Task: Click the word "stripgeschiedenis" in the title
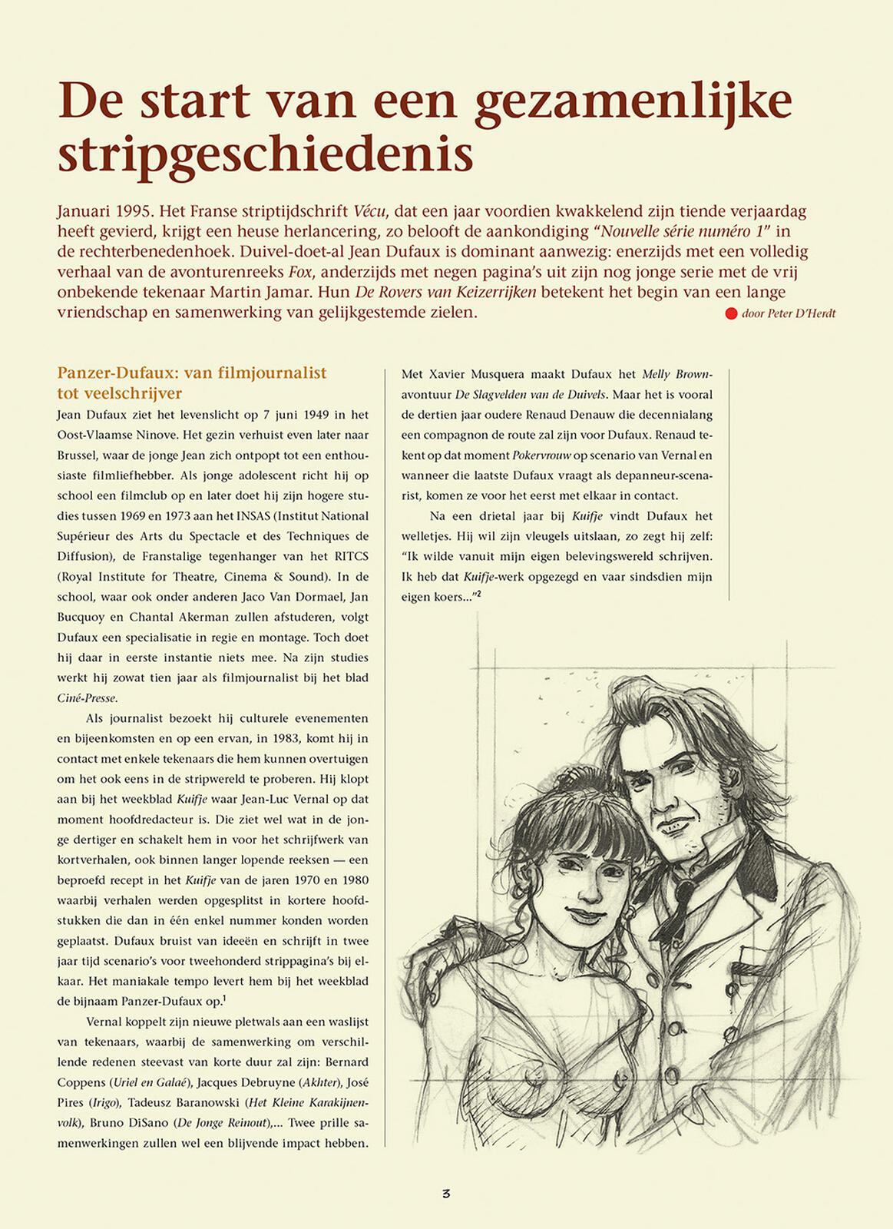(265, 154)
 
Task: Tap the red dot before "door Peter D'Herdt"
(731, 313)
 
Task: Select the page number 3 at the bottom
(446, 1193)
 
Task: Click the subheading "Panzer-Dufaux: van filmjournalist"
(192, 373)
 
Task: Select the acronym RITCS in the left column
(351, 556)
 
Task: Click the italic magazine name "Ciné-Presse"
(87, 698)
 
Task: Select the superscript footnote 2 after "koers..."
(478, 593)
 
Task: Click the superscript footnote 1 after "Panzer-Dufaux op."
(224, 998)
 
